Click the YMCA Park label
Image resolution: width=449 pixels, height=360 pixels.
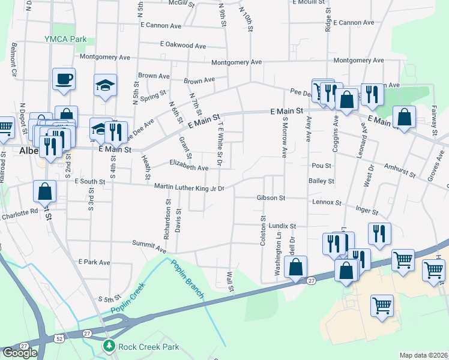click(x=65, y=39)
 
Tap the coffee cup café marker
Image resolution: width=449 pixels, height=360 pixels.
click(x=64, y=79)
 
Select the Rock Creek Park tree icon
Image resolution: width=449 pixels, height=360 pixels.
click(x=109, y=346)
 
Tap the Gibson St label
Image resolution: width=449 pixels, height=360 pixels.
click(x=270, y=197)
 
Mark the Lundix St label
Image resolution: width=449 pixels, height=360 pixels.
click(x=283, y=226)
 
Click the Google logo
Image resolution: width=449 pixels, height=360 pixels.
click(x=19, y=353)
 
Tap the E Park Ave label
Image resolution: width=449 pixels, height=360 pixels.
click(x=95, y=262)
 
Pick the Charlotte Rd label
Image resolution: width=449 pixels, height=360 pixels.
click(x=19, y=212)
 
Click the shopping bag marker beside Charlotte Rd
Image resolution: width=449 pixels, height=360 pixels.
click(x=45, y=192)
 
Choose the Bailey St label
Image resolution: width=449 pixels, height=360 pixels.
click(x=321, y=181)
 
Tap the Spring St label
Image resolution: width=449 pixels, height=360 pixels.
click(x=154, y=95)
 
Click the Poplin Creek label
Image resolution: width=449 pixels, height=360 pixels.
click(x=128, y=304)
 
